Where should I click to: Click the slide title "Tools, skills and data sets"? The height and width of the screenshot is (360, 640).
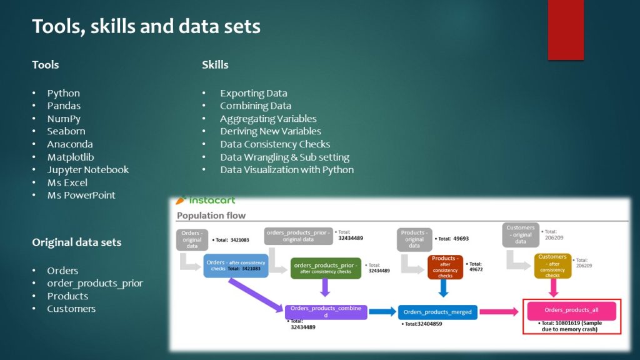[x=146, y=27]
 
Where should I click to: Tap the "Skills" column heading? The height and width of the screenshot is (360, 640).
[x=215, y=65]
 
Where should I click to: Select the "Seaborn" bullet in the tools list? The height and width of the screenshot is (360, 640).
[x=66, y=131]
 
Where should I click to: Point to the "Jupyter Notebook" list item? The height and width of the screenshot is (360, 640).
[x=87, y=170]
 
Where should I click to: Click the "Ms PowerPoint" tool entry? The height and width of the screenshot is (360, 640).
[x=81, y=195]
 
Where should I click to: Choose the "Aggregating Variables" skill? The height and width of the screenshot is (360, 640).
[x=268, y=119]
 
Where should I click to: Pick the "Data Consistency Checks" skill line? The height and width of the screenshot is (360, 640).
[x=275, y=144]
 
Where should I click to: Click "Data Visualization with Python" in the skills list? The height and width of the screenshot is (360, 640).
[x=287, y=170]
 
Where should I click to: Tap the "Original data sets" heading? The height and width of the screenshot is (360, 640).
[x=77, y=242]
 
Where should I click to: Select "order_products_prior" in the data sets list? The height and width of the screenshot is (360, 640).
[x=95, y=283]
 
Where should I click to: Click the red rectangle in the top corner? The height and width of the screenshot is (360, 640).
[x=566, y=29]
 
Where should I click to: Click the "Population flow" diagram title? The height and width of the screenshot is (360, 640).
[x=211, y=216]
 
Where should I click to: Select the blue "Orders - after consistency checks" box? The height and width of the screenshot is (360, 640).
[x=236, y=265]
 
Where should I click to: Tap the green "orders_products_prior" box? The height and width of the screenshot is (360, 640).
[x=326, y=267]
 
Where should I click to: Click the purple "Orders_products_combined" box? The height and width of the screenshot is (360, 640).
[x=326, y=311]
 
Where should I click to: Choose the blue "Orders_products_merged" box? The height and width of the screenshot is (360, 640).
[x=437, y=312]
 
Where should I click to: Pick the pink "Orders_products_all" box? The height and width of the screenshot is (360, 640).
[x=572, y=310]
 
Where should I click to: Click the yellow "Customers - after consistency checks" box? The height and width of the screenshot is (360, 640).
[x=552, y=266]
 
